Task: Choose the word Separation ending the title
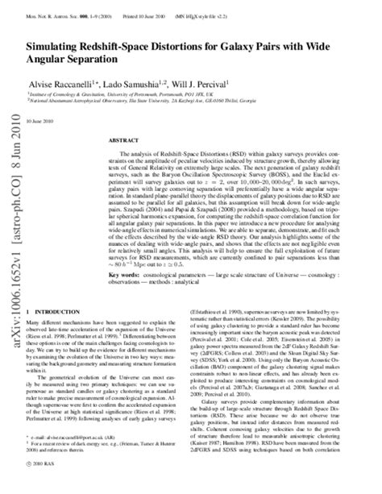[x=118, y=64]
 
